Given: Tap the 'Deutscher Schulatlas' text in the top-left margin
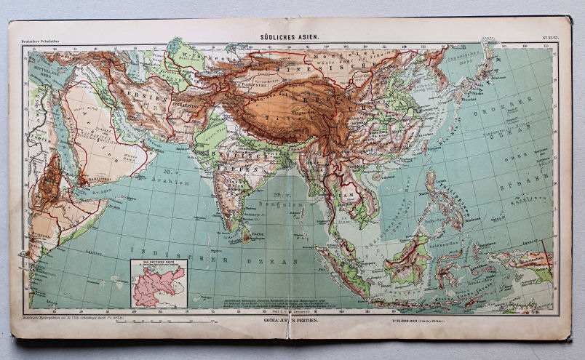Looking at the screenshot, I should click(34, 43).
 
